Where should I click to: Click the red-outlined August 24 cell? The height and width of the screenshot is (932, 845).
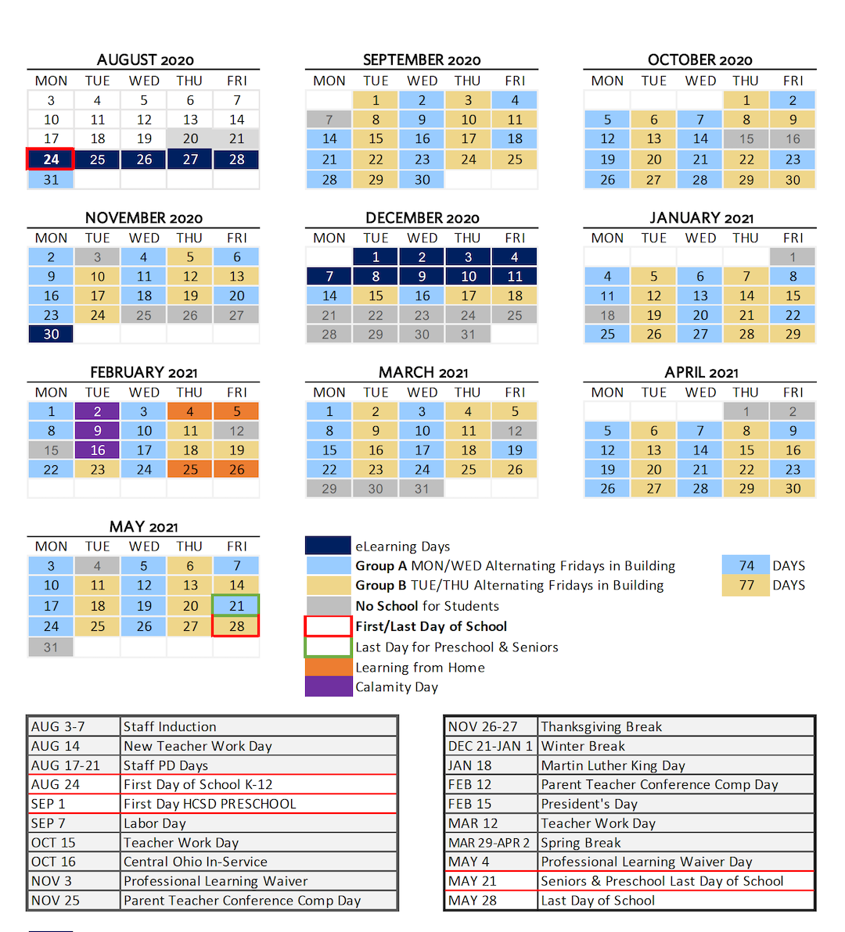pos(51,160)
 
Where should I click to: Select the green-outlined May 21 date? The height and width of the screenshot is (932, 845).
pos(236,606)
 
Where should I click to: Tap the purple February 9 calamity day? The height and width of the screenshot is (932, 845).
pos(97,431)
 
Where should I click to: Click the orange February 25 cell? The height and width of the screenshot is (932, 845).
pos(190,470)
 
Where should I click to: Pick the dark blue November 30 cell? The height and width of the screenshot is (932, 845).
pos(51,334)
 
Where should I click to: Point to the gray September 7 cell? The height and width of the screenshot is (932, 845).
pos(329,120)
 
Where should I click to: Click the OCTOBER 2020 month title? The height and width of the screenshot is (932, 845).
pos(699,60)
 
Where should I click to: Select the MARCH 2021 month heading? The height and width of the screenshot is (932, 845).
pos(422,373)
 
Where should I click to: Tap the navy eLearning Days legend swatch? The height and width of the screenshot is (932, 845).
pos(328,546)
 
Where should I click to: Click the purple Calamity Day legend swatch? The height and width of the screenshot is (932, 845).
pos(328,686)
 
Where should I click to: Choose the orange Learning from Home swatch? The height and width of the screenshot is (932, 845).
pos(328,667)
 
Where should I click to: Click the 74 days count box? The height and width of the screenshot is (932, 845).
pos(746,565)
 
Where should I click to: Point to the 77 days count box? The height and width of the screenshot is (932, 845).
pos(746,585)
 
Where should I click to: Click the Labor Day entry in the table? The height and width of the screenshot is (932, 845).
pos(155,823)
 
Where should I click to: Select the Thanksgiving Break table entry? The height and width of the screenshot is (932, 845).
pos(601,727)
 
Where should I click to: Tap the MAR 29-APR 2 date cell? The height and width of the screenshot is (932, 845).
pos(489,843)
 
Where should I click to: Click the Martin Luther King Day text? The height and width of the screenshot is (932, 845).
pos(613,765)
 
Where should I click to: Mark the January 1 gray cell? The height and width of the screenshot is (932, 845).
pos(793,257)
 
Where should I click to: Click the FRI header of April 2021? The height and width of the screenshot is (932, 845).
pos(793,393)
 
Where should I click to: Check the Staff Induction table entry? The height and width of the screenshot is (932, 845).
pos(170,727)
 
